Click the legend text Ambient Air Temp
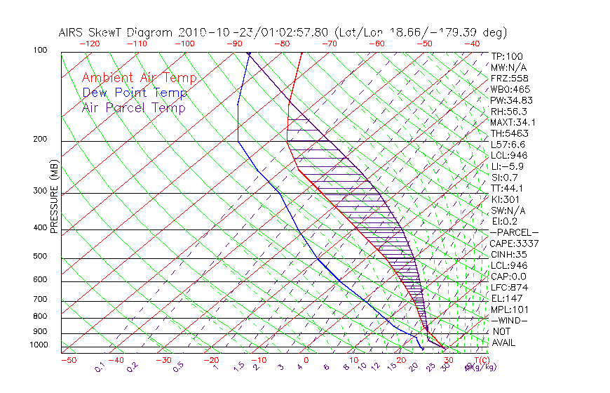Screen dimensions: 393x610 pos(140,78)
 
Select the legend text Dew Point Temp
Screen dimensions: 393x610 pos(135,93)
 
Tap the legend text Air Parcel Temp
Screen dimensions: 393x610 pos(134,107)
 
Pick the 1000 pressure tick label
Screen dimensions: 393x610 pos(39,345)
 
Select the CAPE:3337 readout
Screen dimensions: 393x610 pos(514,244)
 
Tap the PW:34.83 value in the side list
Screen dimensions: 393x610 pos(512,100)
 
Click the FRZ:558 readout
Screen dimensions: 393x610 pos(508,79)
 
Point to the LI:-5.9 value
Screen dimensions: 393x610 pos(507,166)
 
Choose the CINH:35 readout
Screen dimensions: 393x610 pos(508,254)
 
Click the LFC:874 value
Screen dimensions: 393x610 pos(508,287)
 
